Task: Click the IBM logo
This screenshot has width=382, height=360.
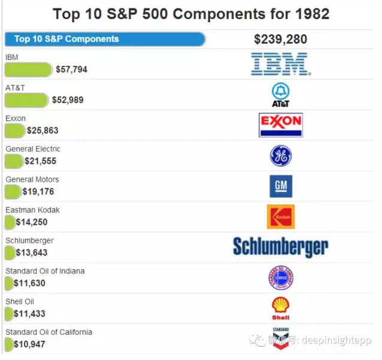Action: [x=279, y=64]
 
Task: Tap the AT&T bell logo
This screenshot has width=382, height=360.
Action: [x=280, y=94]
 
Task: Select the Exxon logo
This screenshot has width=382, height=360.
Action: [x=280, y=125]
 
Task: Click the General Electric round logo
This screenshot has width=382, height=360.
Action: [x=280, y=156]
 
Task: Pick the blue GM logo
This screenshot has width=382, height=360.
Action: [x=280, y=187]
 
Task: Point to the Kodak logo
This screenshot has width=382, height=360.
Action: [x=280, y=217]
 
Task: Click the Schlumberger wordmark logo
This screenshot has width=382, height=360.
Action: [x=280, y=247]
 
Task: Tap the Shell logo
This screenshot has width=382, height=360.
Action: [x=280, y=308]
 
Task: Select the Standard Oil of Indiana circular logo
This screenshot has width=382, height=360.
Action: [x=280, y=278]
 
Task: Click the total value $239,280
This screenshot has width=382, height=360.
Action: [x=280, y=39]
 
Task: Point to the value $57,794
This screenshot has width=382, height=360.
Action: [x=71, y=69]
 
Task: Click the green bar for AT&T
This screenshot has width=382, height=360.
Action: [x=26, y=100]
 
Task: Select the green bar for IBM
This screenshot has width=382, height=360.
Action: [x=28, y=69]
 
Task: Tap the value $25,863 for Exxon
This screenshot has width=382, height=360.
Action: [x=43, y=130]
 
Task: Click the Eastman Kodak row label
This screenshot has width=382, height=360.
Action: [x=32, y=210]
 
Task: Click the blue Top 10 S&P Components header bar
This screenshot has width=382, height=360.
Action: [x=105, y=39]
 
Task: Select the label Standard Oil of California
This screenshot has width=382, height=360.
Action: [x=48, y=332]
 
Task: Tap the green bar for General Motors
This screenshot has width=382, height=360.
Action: [x=13, y=191]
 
